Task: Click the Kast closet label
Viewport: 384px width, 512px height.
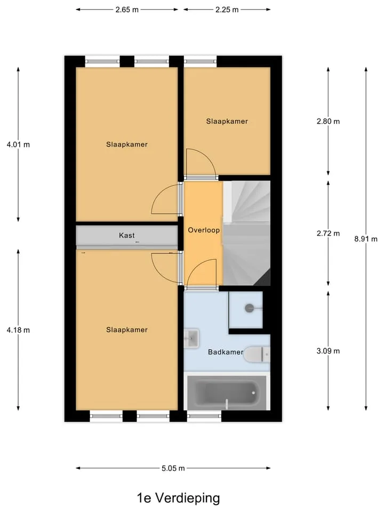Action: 127,235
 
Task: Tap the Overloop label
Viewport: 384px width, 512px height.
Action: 204,230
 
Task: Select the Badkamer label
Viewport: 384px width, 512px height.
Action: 226,352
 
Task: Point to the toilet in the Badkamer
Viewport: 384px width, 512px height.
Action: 257,354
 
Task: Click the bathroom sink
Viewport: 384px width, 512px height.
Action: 191,339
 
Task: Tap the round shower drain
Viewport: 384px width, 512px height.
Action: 250,308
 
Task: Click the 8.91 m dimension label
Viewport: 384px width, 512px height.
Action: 366,239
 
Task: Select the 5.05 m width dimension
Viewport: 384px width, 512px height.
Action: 173,468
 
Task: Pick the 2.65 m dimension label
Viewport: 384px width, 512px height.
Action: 127,10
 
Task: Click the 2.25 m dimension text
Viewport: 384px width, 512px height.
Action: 227,10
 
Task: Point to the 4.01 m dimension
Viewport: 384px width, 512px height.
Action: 18,145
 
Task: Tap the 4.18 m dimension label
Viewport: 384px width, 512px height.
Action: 18,330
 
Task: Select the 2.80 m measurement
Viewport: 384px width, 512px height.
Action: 328,122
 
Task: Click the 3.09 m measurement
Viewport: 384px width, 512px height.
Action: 328,351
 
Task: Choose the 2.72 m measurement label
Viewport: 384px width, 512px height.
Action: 328,234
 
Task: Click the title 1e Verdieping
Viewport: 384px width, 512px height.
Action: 178,498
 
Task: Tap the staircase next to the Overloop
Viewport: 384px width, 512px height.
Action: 246,233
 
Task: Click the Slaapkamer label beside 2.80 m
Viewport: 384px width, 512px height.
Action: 227,122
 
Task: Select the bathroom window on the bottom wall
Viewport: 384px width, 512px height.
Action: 204,416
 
